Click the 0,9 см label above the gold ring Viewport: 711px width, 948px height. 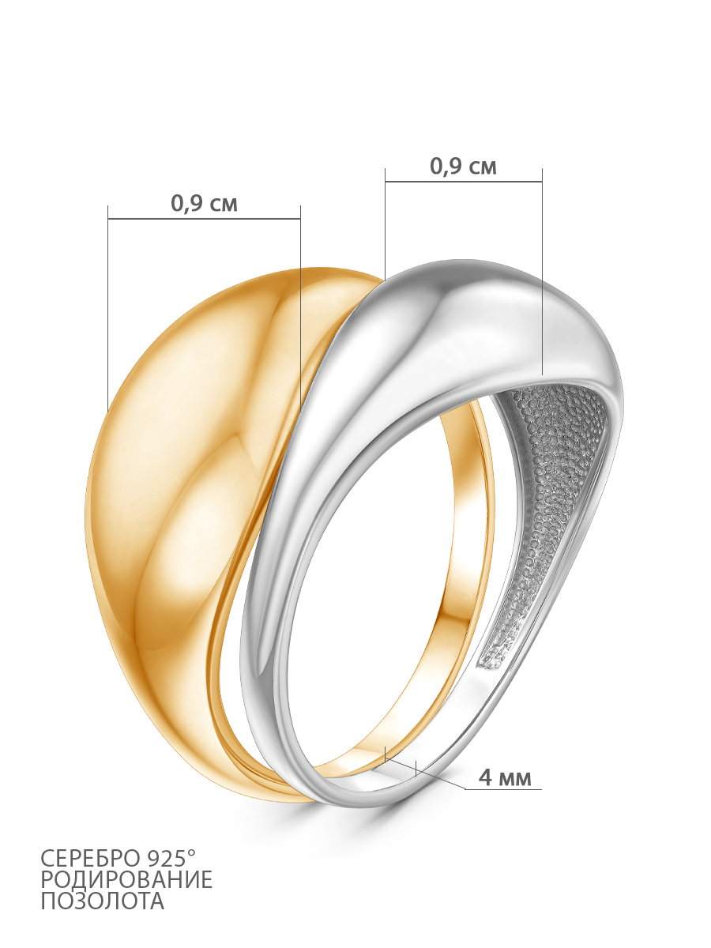pyautogui.click(x=204, y=203)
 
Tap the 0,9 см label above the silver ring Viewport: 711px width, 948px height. pyautogui.click(x=463, y=166)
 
